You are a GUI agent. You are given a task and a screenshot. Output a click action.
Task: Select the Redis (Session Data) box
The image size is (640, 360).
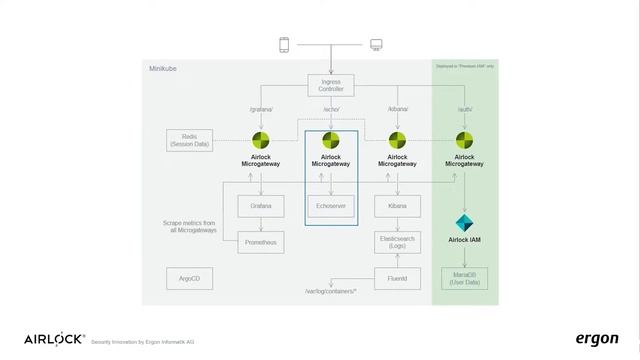[x=189, y=139]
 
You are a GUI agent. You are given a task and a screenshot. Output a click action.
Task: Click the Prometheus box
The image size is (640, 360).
[x=262, y=241]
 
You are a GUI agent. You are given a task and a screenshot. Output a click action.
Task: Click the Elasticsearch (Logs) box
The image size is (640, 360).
[x=398, y=241]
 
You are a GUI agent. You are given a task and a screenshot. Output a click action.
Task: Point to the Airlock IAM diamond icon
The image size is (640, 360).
[x=464, y=223]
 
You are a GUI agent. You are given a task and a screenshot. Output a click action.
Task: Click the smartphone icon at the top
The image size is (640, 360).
[x=284, y=45]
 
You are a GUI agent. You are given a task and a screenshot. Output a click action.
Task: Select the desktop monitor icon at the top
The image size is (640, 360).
[x=376, y=45]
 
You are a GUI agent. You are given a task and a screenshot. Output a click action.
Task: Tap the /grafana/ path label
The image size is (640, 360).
[x=262, y=109]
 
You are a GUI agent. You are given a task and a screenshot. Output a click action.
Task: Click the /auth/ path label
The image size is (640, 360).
[x=464, y=109]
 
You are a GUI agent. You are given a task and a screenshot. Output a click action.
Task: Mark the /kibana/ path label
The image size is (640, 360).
[x=398, y=109]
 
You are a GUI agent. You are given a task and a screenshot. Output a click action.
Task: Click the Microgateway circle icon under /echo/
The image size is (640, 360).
[x=330, y=140]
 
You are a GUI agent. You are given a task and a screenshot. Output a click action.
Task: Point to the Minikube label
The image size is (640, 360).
[x=163, y=69]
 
